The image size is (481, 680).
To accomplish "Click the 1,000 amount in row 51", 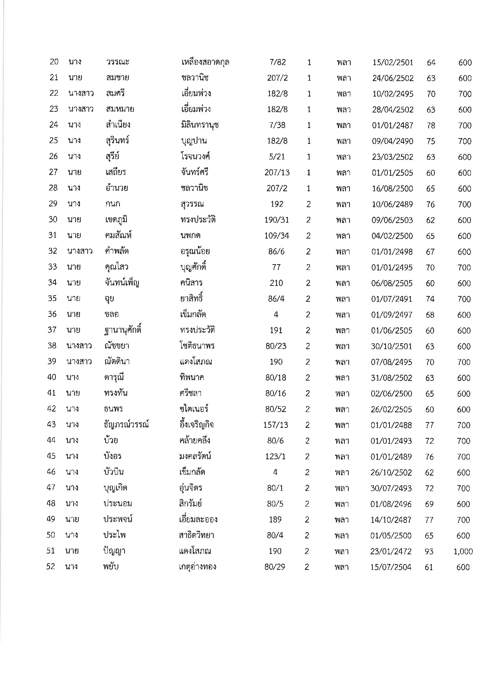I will [463, 551].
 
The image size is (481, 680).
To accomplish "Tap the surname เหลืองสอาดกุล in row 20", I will [205, 62].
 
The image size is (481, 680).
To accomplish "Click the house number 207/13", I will [277, 173].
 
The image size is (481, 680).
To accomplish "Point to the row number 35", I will [52, 298].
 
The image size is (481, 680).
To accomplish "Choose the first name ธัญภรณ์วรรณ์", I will [124, 425].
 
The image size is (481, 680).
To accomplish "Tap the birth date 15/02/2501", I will [393, 62].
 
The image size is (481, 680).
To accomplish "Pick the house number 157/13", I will [275, 425].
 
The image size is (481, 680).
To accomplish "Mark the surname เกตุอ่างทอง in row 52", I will [196, 567].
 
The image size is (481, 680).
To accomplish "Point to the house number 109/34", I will [277, 235].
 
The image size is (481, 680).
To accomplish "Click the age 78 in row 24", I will [431, 125].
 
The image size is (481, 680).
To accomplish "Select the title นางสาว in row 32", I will [80, 251].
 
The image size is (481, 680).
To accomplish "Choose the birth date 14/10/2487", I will [391, 520].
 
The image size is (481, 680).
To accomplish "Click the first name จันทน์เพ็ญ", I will [119, 283].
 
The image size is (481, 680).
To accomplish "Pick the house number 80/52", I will [275, 409].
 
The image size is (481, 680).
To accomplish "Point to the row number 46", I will [51, 472].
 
